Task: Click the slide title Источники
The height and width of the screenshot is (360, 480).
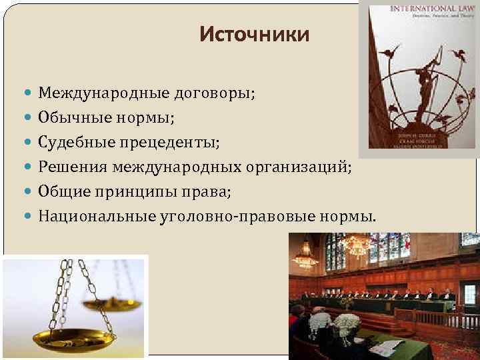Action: coord(254,35)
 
